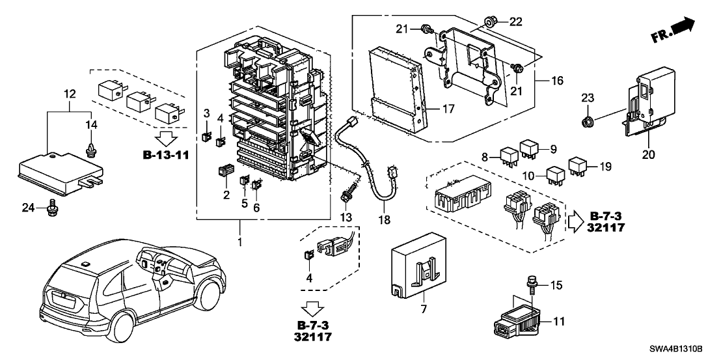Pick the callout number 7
click(x=424, y=309)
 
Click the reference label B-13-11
click(x=162, y=156)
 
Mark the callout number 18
click(x=385, y=220)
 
